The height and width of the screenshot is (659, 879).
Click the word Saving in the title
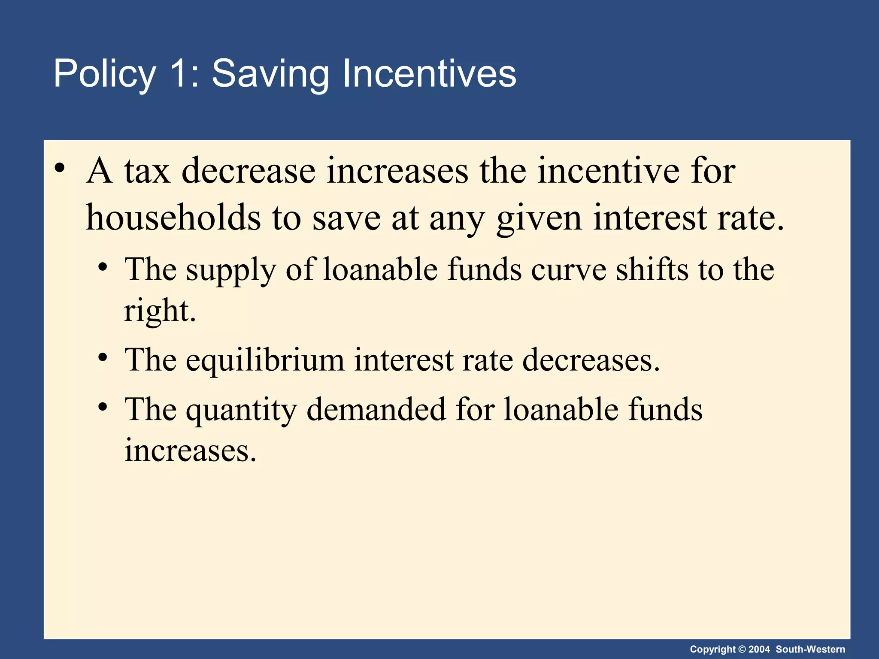coord(270,74)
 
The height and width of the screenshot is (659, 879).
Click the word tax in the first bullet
coord(147,171)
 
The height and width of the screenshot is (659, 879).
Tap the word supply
coord(231,270)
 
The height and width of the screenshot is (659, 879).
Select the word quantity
coord(241,410)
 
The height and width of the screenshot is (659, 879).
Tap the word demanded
coord(376,409)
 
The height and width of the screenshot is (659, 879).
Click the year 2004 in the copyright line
coord(759,649)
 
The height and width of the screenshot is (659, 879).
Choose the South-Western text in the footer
coord(810,649)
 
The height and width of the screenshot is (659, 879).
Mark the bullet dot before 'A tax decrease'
coord(60,167)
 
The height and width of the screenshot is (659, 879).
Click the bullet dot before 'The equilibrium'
coord(102,357)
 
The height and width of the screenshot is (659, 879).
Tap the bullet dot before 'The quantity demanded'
coord(102,406)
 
